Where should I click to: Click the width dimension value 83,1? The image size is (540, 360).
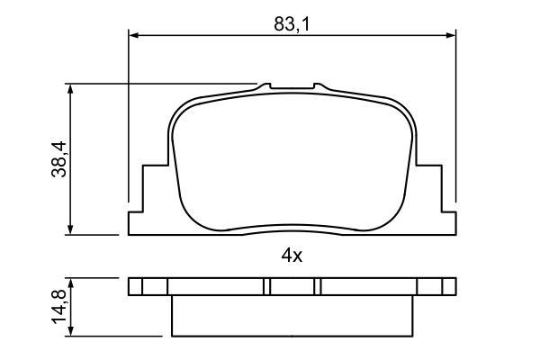292,24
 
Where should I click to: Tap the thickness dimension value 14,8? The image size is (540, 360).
60,306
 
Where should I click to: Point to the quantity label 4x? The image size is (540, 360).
291,256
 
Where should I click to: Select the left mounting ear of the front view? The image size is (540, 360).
148,202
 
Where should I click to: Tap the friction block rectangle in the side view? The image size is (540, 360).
292,315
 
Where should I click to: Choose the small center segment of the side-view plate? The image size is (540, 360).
292,287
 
